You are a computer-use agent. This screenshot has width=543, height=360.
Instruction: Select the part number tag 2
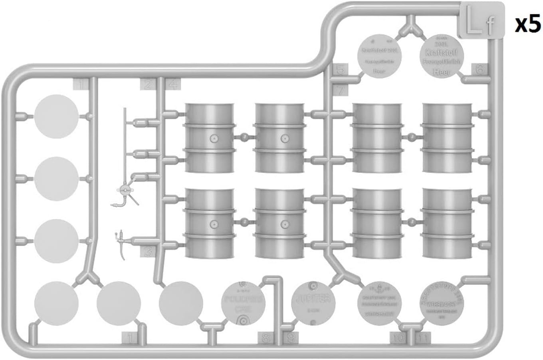[x=148, y=84]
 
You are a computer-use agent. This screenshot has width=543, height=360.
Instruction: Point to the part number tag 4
[x=173, y=84]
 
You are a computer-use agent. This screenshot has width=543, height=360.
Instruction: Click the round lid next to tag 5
[x=380, y=56]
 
